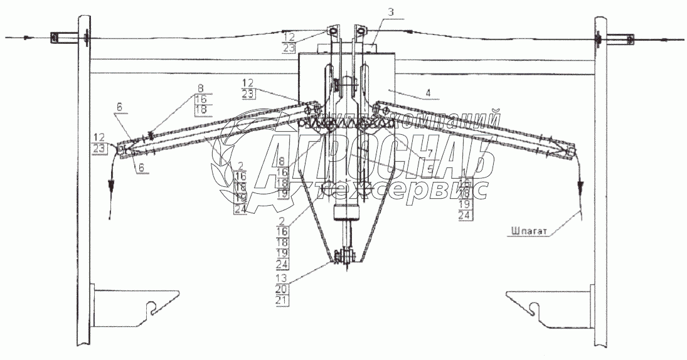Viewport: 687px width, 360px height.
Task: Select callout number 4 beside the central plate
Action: (x=429, y=94)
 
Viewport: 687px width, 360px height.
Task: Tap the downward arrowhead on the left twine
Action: (x=112, y=186)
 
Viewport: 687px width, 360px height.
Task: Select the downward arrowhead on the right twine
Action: (x=580, y=187)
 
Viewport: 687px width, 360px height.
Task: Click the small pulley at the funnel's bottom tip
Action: (x=346, y=257)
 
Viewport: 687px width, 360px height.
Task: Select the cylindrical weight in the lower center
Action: (x=346, y=213)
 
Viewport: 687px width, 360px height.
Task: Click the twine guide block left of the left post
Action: (x=56, y=38)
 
